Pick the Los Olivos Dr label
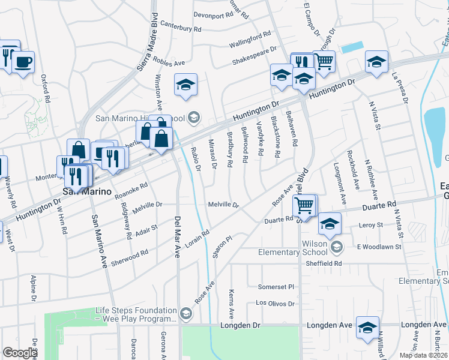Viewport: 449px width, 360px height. coord(276,304)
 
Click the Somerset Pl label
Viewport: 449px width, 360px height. coord(276,287)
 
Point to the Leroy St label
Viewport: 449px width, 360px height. coord(370,225)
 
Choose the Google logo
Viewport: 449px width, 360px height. coord(21,353)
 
